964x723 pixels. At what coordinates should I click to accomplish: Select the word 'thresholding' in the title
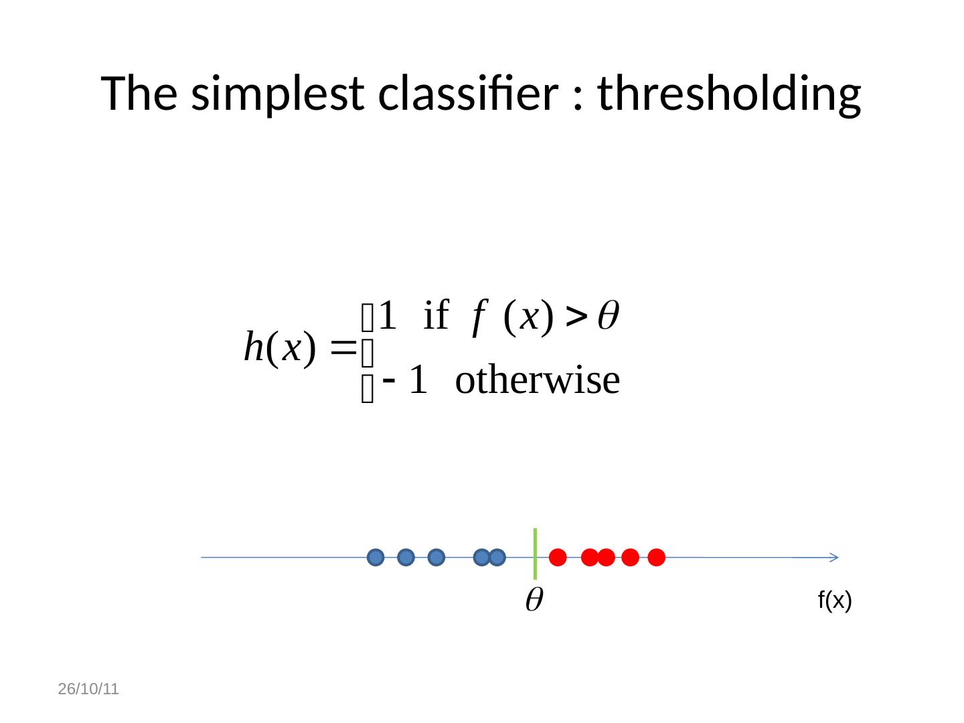pos(729,94)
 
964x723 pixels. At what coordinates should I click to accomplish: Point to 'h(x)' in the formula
pos(279,347)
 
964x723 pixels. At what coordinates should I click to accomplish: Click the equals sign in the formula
pos(342,347)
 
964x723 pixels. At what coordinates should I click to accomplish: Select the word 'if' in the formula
pos(436,315)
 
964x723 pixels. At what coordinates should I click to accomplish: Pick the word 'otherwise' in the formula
pos(537,380)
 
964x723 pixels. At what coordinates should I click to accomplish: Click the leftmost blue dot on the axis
pos(376,557)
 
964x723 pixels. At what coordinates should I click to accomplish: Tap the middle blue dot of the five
pos(436,557)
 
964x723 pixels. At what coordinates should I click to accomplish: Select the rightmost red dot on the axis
pos(656,557)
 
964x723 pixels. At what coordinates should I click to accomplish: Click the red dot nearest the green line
pos(558,557)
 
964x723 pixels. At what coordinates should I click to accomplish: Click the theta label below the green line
pos(533,600)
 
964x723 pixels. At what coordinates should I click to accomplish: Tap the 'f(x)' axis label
pos(834,601)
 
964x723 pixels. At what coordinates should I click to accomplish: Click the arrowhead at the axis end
pos(833,557)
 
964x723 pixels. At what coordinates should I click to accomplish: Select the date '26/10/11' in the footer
pos(88,689)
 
